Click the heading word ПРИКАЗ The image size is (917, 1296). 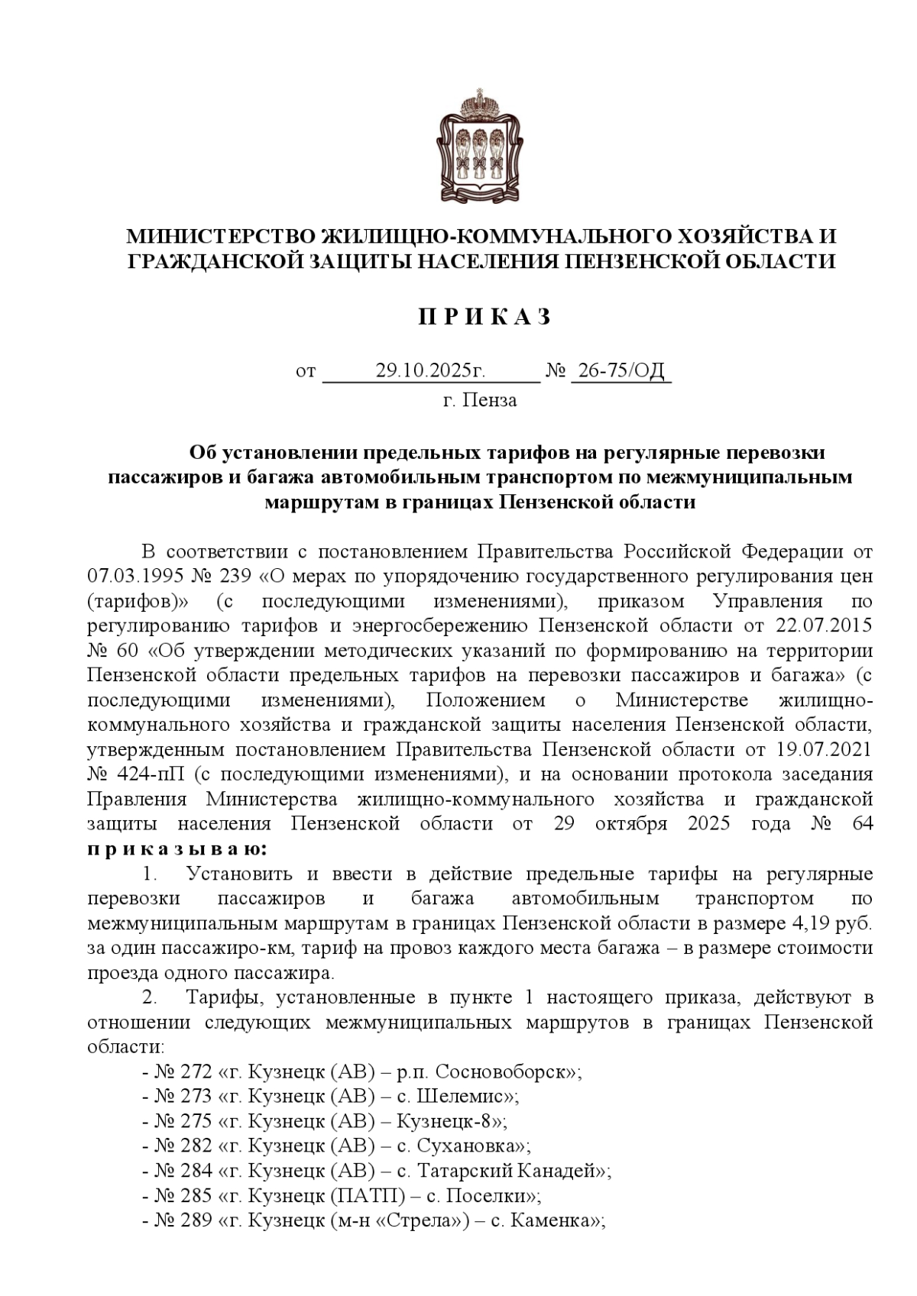click(x=484, y=318)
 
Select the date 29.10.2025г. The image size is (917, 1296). click(x=430, y=372)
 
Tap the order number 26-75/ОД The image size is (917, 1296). click(x=621, y=372)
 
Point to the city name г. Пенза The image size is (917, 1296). click(x=480, y=400)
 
